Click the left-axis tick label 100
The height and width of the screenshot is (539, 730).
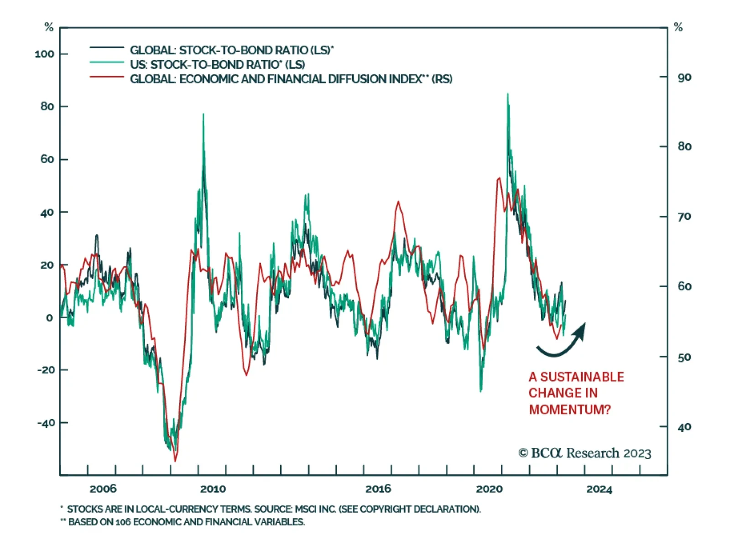pyautogui.click(x=44, y=54)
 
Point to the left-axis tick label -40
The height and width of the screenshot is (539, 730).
pyautogui.click(x=46, y=423)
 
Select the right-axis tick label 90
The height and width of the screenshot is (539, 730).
pyautogui.click(x=684, y=78)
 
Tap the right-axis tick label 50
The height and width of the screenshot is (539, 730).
pyautogui.click(x=684, y=357)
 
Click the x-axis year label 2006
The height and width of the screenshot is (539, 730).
pyautogui.click(x=103, y=489)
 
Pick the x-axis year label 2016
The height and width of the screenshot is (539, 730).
pyautogui.click(x=378, y=489)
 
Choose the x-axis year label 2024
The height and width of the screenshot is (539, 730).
pyautogui.click(x=599, y=489)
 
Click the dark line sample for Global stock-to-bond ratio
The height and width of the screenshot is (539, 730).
pyautogui.click(x=107, y=47)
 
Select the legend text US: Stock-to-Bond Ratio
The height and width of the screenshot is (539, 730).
pyautogui.click(x=217, y=64)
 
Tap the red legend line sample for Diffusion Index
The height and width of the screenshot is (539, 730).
pyautogui.click(x=107, y=77)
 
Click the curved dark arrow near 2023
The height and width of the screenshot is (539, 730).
pyautogui.click(x=561, y=342)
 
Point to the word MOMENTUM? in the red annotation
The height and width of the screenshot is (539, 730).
pyautogui.click(x=569, y=409)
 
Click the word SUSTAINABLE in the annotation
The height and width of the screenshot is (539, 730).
pyautogui.click(x=582, y=377)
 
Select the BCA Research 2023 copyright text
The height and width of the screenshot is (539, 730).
pyautogui.click(x=584, y=453)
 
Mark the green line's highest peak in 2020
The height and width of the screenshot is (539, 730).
pyautogui.click(x=508, y=94)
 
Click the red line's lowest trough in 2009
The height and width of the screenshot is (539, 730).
pyautogui.click(x=175, y=461)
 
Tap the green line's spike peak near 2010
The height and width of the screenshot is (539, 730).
pyautogui.click(x=203, y=114)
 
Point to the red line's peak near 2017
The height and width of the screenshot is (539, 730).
pyautogui.click(x=398, y=202)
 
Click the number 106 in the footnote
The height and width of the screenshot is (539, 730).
pyautogui.click(x=123, y=522)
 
